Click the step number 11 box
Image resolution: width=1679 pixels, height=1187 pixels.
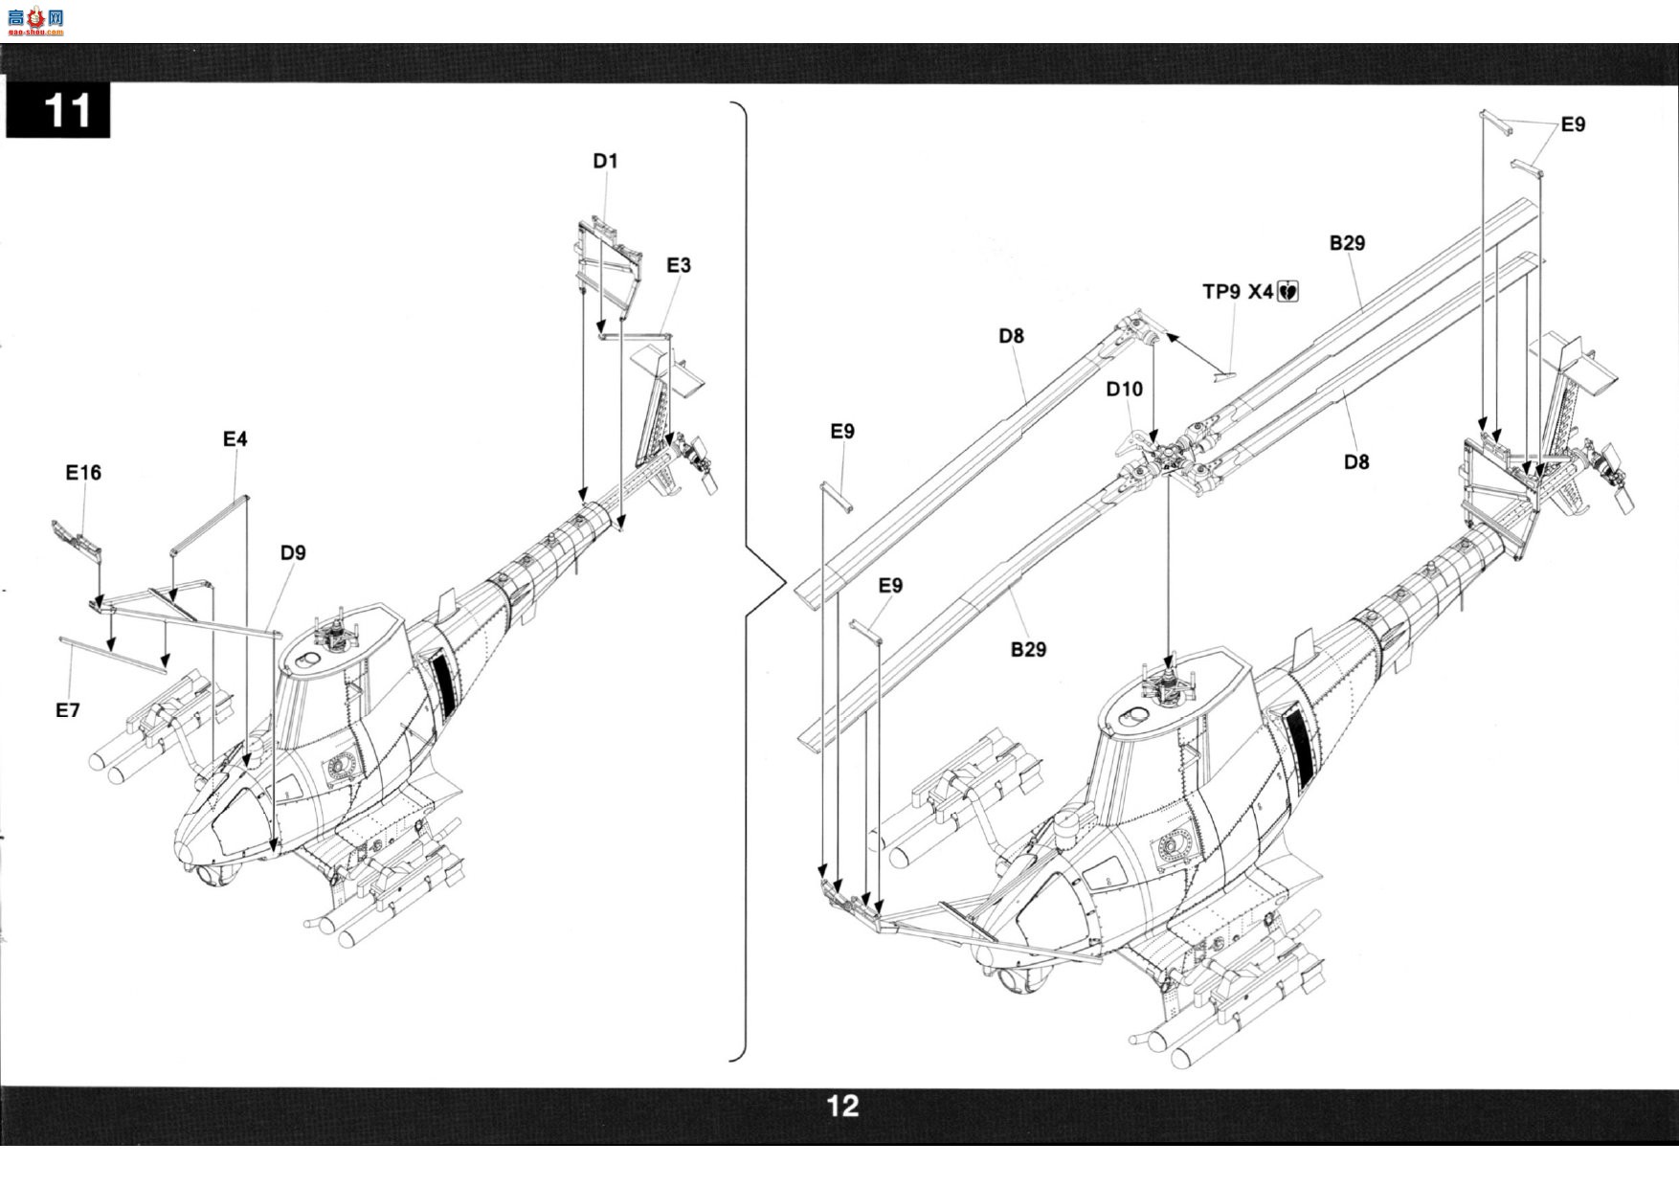tap(57, 110)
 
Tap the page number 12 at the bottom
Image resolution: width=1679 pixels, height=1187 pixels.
tap(842, 1107)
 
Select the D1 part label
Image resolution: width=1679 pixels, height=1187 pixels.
tap(605, 161)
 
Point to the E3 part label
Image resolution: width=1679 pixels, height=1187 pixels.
tap(679, 265)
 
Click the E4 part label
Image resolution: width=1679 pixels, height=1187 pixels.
tap(235, 438)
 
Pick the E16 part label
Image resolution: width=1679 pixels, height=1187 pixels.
tap(83, 472)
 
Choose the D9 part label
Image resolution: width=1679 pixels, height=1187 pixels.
tap(293, 552)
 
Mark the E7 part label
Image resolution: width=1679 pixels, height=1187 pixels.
tap(67, 710)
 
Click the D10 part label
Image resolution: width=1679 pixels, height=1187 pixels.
tap(1125, 389)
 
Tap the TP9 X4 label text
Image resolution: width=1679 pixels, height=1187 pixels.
tap(1238, 291)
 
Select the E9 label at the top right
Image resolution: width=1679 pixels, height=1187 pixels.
tap(1573, 124)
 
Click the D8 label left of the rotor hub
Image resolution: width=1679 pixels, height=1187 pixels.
tap(1011, 336)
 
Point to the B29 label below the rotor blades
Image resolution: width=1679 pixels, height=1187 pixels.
tap(1028, 649)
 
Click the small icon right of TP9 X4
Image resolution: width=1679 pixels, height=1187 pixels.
tap(1287, 291)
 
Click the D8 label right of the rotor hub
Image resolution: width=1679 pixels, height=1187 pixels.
tap(1356, 461)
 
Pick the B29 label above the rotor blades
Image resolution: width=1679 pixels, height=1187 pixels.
tap(1347, 243)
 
